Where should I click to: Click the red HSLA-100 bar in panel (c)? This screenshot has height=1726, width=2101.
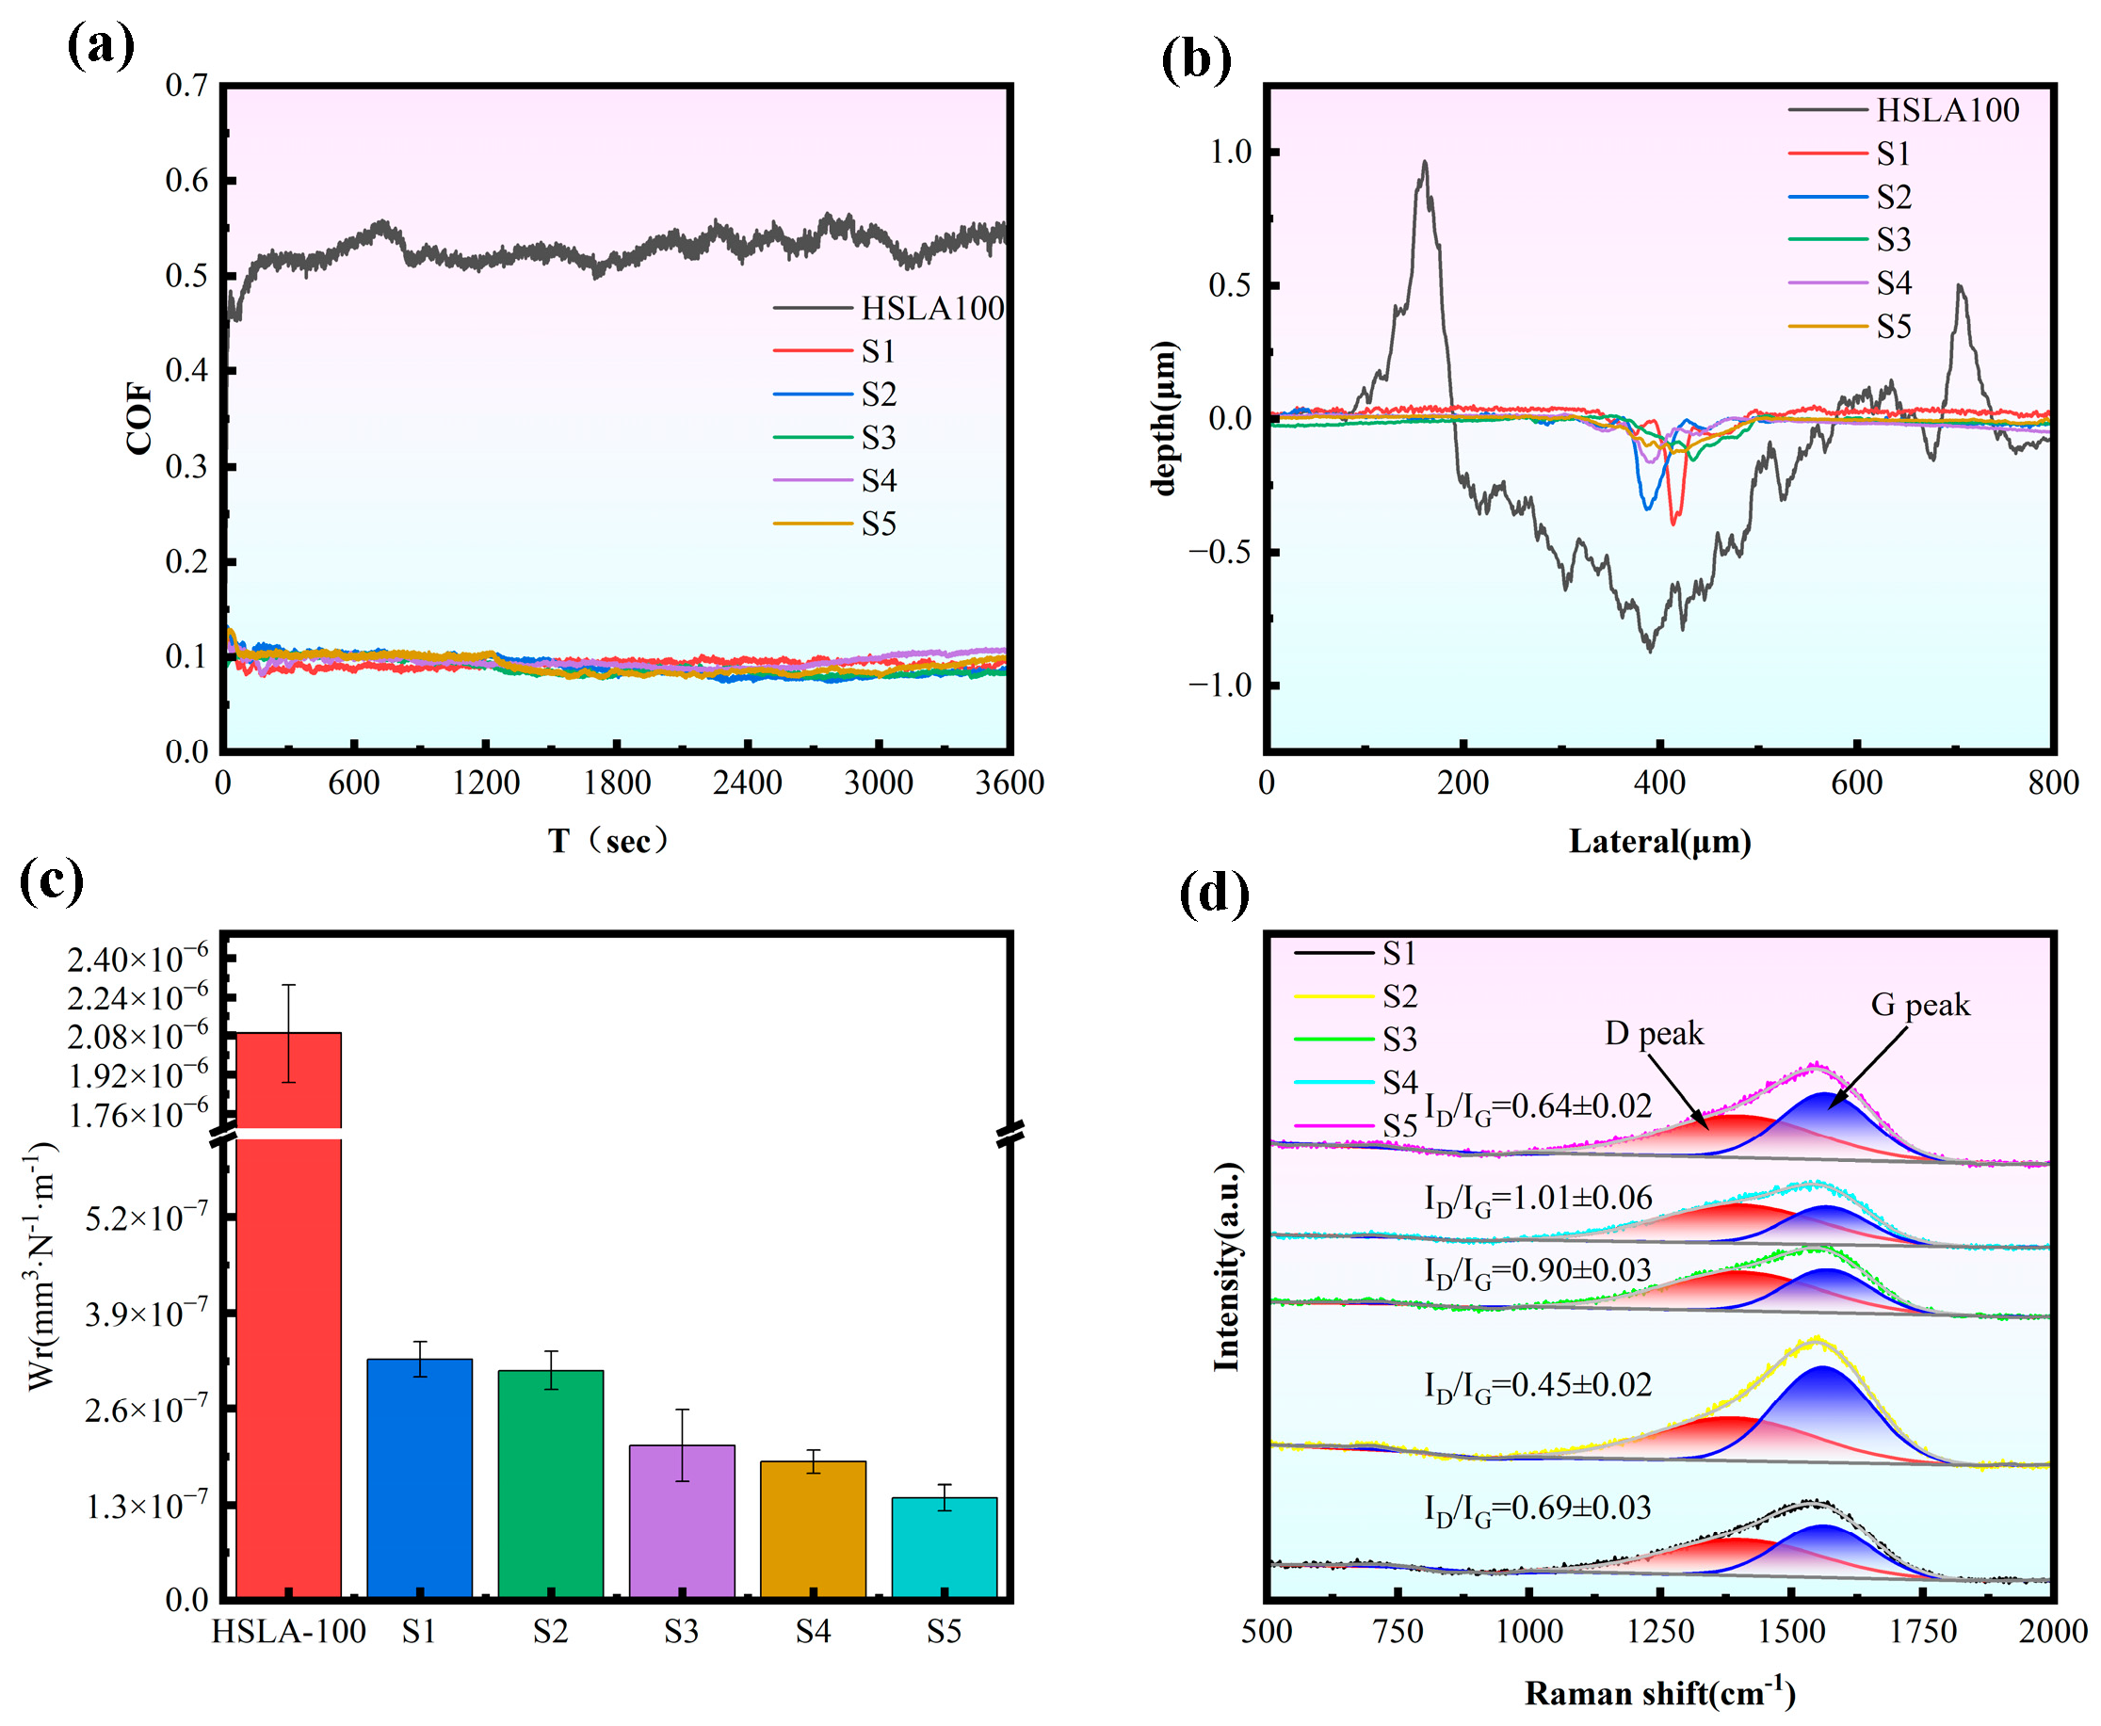coord(288,1372)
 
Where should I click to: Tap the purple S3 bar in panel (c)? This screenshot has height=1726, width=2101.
coord(681,1521)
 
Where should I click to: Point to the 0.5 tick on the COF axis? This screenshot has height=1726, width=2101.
coord(186,275)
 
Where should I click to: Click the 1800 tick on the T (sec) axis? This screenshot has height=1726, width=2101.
coord(617,783)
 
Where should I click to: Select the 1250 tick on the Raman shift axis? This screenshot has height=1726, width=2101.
coord(1660,1632)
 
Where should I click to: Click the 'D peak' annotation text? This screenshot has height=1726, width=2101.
coord(1654,1034)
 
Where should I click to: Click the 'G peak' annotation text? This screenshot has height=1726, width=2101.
coord(1919,1004)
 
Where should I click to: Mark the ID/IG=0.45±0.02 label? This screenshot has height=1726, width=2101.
coord(1537,1386)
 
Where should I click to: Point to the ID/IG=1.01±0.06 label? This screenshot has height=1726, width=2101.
coord(1537,1199)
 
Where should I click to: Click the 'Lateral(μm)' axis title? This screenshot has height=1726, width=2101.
coord(1659,842)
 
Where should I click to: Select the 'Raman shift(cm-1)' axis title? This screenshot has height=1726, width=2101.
coord(1659,1693)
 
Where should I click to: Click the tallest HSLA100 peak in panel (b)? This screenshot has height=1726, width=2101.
coord(1425,163)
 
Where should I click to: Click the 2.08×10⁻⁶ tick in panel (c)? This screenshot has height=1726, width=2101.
coord(138,1036)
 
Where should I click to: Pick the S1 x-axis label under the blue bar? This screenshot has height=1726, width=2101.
coord(419,1632)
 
